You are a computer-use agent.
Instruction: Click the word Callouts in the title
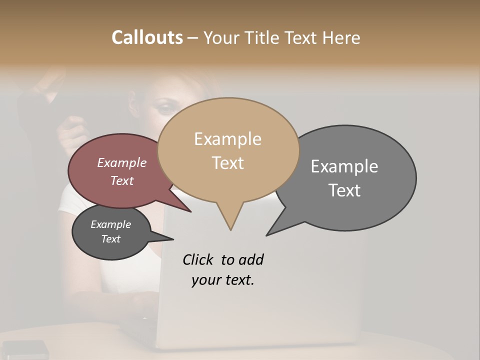[147, 37]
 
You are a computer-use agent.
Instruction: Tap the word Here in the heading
[342, 37]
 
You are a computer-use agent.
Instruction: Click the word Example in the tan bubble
[227, 139]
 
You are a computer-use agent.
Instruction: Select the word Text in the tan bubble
[228, 163]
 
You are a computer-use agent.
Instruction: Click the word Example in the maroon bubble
[121, 162]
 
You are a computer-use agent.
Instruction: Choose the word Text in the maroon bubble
[121, 180]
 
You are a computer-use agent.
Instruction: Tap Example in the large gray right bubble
[344, 166]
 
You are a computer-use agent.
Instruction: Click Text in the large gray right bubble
[345, 190]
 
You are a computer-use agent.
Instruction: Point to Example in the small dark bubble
[110, 224]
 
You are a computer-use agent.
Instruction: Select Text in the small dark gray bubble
[110, 239]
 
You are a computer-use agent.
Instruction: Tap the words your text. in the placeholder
[222, 280]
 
